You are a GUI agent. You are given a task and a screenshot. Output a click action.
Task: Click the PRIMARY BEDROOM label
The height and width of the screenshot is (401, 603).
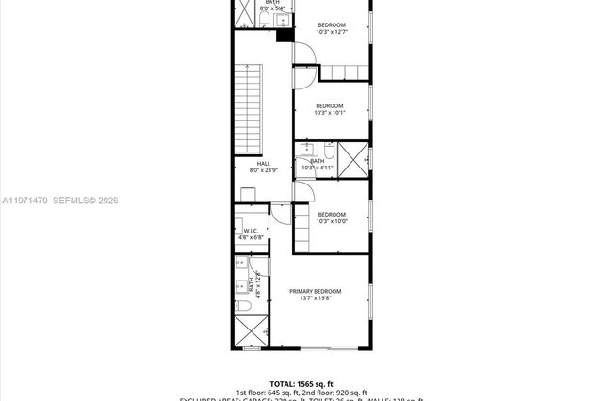[315, 291]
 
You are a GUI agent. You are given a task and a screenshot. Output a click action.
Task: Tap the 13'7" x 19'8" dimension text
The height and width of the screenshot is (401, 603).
[315, 299]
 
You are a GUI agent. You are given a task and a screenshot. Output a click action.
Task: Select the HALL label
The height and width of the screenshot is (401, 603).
[250, 164]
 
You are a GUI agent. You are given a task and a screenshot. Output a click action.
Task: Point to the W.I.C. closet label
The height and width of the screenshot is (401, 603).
[252, 231]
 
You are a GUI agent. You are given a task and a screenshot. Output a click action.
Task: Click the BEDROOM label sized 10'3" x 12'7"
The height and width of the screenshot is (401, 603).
[331, 24]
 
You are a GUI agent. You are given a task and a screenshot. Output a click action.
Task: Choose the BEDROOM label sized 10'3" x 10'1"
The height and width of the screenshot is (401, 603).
[329, 105]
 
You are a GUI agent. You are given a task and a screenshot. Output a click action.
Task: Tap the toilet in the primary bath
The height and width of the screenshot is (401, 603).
[241, 307]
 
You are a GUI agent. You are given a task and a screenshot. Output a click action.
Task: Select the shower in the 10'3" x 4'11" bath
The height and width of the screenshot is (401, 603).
[352, 158]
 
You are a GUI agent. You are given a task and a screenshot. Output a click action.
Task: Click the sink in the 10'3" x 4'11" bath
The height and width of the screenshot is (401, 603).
[305, 150]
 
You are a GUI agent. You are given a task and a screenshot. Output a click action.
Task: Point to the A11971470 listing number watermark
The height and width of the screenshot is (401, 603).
[24, 200]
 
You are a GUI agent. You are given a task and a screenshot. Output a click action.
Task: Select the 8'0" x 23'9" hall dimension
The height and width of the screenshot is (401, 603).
[250, 171]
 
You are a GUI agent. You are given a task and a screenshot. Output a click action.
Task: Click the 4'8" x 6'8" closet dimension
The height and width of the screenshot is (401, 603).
[252, 238]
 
